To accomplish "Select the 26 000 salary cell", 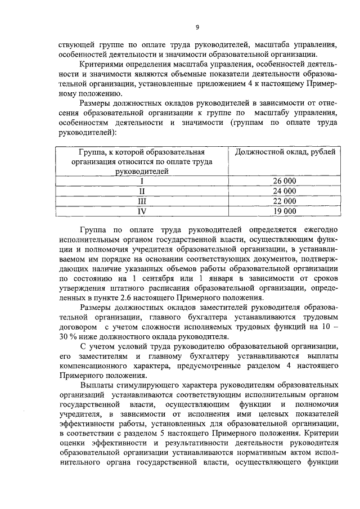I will click(x=284, y=181).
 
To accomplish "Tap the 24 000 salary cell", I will click(x=284, y=191).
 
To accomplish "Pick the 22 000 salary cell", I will click(x=284, y=201).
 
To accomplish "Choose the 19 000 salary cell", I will click(x=284, y=211).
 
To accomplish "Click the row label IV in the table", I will click(x=142, y=211).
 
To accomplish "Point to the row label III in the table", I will click(x=142, y=201).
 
